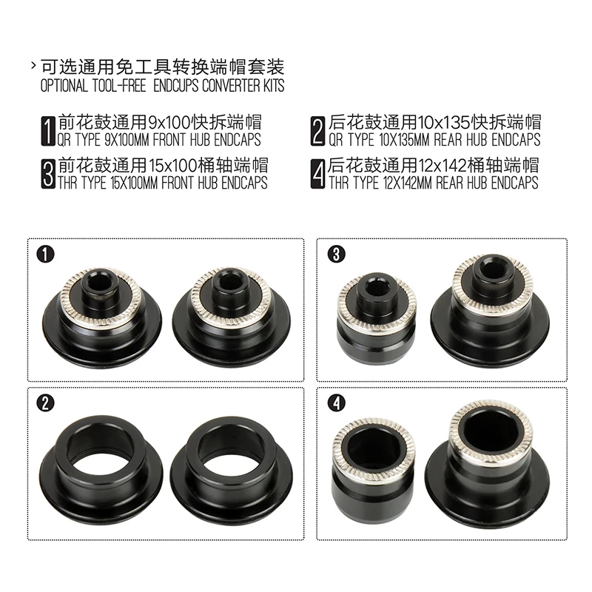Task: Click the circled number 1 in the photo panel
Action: [x=45, y=255]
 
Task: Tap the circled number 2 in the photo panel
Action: [x=45, y=403]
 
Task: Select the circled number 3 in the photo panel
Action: [x=336, y=255]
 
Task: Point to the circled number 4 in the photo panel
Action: [x=336, y=403]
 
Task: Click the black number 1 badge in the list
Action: [x=48, y=131]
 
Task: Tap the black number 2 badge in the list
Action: [x=318, y=131]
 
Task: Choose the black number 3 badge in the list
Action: [x=48, y=174]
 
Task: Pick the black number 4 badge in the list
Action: [x=318, y=174]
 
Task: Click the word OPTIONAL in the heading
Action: [x=64, y=86]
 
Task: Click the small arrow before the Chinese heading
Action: [x=33, y=66]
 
